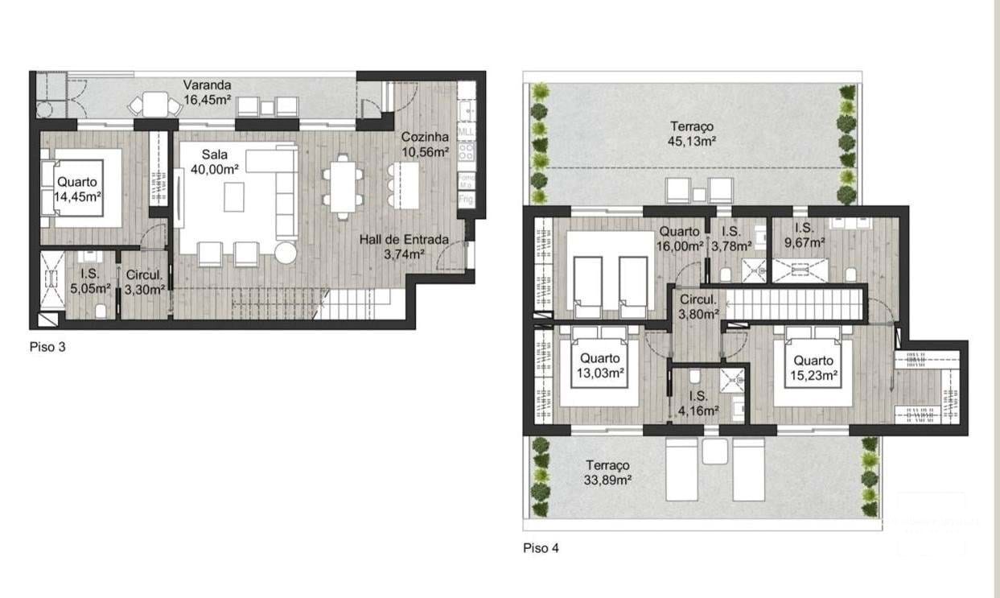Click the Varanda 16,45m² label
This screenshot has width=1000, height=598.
click(x=208, y=92)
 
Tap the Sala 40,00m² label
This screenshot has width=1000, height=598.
click(x=213, y=162)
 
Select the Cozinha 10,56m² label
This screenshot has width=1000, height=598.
click(x=425, y=145)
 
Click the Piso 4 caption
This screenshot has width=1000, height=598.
click(x=541, y=548)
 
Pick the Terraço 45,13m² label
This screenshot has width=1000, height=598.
click(x=691, y=134)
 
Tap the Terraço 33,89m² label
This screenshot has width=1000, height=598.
click(x=607, y=473)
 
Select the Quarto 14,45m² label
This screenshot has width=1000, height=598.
click(x=77, y=188)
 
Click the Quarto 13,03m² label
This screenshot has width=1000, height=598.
click(x=600, y=365)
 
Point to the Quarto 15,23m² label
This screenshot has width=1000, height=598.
click(x=812, y=367)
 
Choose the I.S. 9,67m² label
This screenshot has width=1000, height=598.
click(x=805, y=235)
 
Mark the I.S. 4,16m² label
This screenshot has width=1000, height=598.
click(x=698, y=402)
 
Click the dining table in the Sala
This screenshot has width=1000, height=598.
click(x=344, y=184)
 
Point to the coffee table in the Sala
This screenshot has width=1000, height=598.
click(x=234, y=196)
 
